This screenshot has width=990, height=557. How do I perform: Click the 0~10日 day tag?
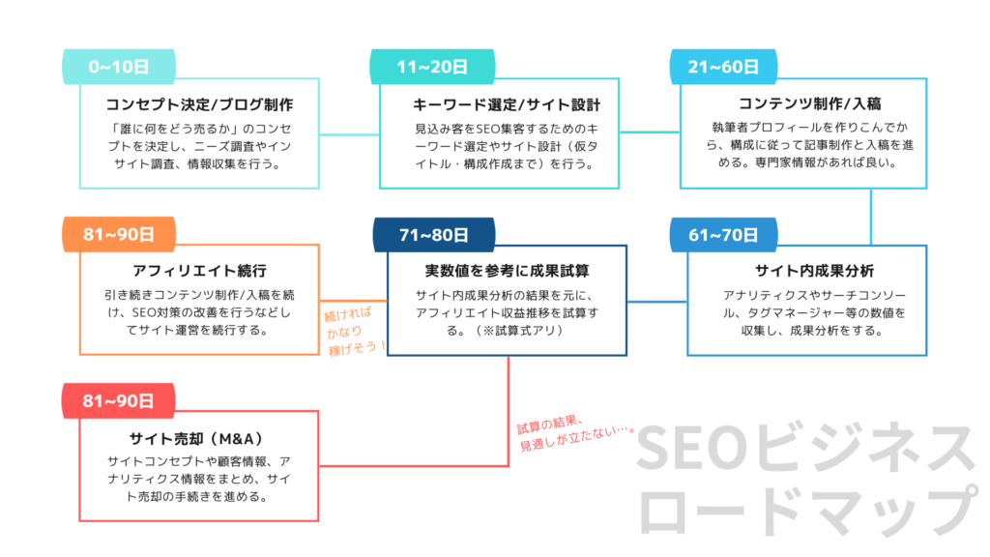(119, 67)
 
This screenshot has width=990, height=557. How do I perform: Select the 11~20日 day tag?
(432, 67)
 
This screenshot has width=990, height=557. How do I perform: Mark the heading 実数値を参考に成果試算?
(508, 270)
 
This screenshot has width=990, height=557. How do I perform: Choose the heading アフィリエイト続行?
(199, 270)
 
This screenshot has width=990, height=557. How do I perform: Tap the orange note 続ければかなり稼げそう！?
(355, 330)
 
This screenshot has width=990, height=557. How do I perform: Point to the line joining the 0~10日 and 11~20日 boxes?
(349, 132)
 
